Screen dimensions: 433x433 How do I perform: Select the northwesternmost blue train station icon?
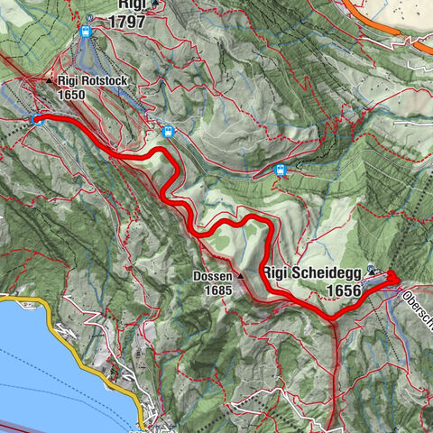86,32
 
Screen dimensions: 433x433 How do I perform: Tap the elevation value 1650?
72,93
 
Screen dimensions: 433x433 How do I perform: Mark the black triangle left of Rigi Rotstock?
50,80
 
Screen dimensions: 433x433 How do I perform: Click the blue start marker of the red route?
36,118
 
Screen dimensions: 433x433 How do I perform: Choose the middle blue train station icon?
168,132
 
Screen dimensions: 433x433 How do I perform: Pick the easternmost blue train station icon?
281,170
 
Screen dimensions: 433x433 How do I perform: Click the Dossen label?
212,277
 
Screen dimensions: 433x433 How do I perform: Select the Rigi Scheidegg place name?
312,272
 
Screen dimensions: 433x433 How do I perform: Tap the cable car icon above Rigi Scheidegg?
373,268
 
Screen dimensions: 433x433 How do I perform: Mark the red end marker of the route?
393,281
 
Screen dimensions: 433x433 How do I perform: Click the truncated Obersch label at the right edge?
417,312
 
